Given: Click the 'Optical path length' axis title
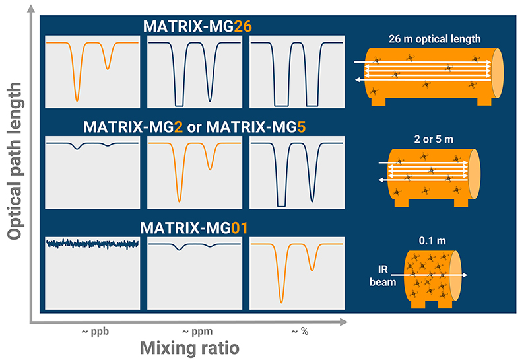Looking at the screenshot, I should tap(13, 160).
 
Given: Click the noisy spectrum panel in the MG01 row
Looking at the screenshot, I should tap(93, 272).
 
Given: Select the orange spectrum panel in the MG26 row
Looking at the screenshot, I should tap(93, 72).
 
